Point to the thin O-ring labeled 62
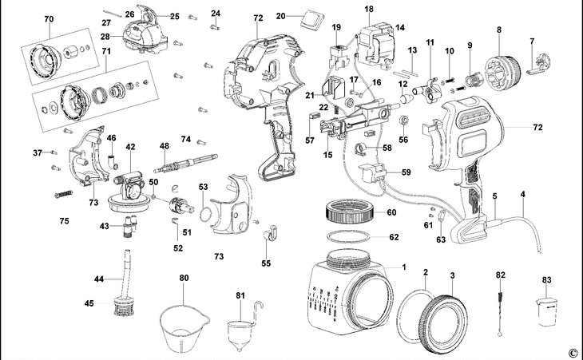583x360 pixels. [x=347, y=237]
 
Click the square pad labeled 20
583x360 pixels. [x=309, y=16]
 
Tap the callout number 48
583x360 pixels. [x=164, y=146]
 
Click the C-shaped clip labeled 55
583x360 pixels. [x=268, y=234]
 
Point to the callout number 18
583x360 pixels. [x=368, y=9]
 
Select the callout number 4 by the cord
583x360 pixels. [x=523, y=194]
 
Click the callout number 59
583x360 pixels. [x=407, y=172]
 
